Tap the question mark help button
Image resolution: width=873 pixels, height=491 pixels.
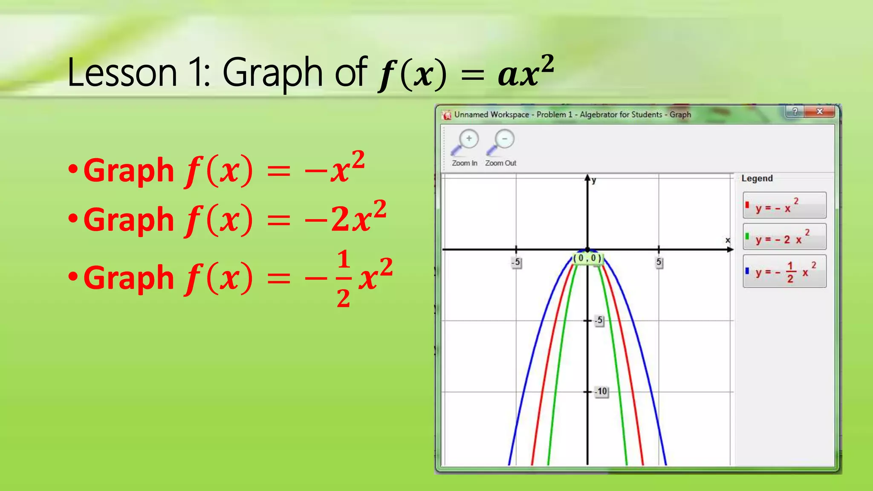coord(795,112)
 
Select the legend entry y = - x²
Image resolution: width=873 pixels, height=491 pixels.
coord(784,205)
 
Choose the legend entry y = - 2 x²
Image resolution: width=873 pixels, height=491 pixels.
coord(784,237)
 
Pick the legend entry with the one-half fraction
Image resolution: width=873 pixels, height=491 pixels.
coord(784,271)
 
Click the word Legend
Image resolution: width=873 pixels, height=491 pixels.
coord(757,179)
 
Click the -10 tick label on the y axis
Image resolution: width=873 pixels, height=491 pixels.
coord(601,391)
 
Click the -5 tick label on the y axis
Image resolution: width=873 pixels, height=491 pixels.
coord(599,320)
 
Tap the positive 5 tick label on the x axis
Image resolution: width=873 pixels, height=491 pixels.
coord(659,262)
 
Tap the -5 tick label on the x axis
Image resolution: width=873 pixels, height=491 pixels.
coord(516,262)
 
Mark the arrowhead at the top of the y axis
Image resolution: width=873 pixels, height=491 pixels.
coord(587,178)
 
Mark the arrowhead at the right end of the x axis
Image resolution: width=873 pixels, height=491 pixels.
coord(730,249)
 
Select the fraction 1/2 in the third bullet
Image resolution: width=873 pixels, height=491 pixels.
coord(344,279)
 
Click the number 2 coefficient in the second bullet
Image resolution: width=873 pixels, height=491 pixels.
coord(340,220)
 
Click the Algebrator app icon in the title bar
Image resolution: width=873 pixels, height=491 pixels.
coord(447,115)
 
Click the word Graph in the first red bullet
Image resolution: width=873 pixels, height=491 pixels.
coord(129,171)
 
